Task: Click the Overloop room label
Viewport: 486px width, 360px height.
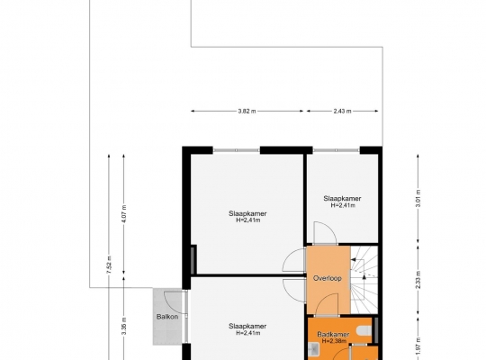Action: [328, 278]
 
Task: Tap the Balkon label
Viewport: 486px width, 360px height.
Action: [167, 317]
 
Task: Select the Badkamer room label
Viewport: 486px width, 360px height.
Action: [333, 334]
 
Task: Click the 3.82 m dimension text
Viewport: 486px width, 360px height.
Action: [247, 111]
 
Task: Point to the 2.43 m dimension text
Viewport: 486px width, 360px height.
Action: [342, 111]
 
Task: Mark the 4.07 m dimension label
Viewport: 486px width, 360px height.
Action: [123, 214]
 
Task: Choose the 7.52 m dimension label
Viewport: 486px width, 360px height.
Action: [109, 265]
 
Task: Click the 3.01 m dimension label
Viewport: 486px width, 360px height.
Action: [418, 198]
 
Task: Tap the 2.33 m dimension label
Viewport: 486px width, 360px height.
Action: [418, 279]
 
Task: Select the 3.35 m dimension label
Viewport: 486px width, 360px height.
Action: [123, 326]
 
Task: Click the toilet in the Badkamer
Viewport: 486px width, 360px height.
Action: [364, 330]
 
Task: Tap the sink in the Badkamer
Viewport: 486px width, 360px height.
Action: [314, 349]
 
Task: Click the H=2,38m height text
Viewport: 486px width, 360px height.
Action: [334, 341]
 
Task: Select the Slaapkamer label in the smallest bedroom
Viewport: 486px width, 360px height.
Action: [342, 198]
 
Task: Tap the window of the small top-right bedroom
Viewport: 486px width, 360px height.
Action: [336, 150]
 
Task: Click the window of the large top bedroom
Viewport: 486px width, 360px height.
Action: [236, 150]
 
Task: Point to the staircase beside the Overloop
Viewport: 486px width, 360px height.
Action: [364, 280]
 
